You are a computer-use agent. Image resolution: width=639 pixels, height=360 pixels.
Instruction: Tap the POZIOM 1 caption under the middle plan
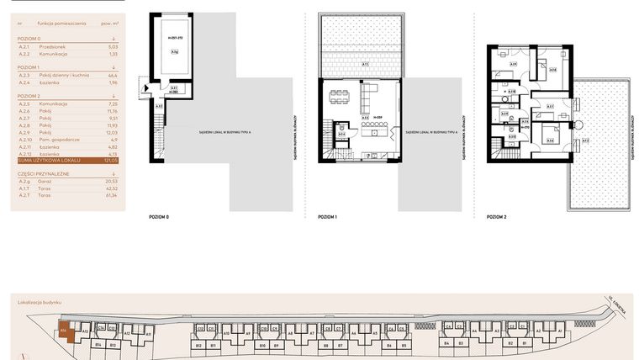pyautogui.click(x=327, y=218)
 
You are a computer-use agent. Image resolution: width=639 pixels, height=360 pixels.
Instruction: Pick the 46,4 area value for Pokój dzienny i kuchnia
pyautogui.click(x=112, y=75)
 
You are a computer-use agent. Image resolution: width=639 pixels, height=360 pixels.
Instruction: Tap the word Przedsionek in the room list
pyautogui.click(x=54, y=46)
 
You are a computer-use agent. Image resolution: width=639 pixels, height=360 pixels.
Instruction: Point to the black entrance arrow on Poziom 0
pyautogui.click(x=146, y=87)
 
